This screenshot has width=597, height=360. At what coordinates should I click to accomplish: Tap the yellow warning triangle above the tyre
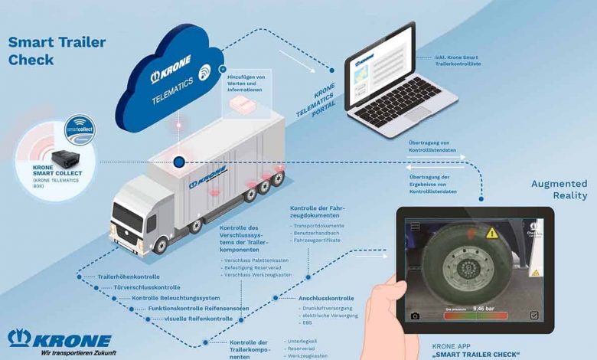pyautogui.click(x=491, y=232)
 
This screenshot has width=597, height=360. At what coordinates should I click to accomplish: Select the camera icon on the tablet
pyautogui.click(x=415, y=316)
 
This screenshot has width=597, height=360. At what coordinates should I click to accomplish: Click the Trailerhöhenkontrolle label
pyautogui.click(x=129, y=276)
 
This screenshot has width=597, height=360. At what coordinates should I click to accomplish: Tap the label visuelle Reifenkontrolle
pyautogui.click(x=198, y=318)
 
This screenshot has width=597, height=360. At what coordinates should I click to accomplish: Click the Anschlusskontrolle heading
pyautogui.click(x=326, y=298)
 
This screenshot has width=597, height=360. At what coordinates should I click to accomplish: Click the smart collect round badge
pyautogui.click(x=79, y=129)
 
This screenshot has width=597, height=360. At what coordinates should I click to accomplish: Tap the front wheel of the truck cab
pyautogui.click(x=161, y=244)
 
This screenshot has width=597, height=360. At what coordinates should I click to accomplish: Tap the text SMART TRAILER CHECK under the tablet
pyautogui.click(x=476, y=355)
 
